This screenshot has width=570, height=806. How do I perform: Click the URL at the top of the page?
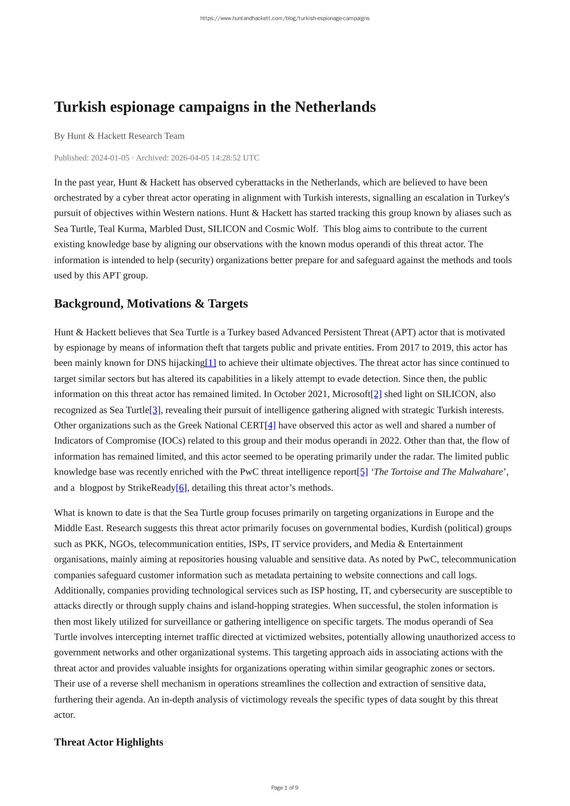tap(285, 18)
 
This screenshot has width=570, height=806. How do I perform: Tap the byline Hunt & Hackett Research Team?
tap(126, 136)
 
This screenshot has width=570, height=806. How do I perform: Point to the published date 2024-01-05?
tap(110, 158)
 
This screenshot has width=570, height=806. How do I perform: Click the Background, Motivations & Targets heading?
tap(151, 304)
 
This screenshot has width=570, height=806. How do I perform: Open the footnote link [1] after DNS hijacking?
tap(211, 363)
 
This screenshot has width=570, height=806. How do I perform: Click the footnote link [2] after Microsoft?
tap(376, 394)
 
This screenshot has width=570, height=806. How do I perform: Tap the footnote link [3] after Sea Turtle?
tap(155, 410)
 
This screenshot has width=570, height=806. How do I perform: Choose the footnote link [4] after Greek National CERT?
tap(270, 425)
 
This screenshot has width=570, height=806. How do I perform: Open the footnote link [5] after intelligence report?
tap(363, 472)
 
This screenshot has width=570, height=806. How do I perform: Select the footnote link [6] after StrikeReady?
tap(182, 488)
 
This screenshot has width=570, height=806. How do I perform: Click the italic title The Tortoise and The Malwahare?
tap(438, 472)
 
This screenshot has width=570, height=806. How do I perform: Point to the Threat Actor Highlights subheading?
tap(108, 742)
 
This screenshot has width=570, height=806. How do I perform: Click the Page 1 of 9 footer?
tap(285, 788)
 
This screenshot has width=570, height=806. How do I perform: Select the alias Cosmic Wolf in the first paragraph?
tap(291, 229)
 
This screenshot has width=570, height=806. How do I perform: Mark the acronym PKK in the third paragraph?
tap(94, 544)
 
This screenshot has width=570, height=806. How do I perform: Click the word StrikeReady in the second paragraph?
tap(152, 488)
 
